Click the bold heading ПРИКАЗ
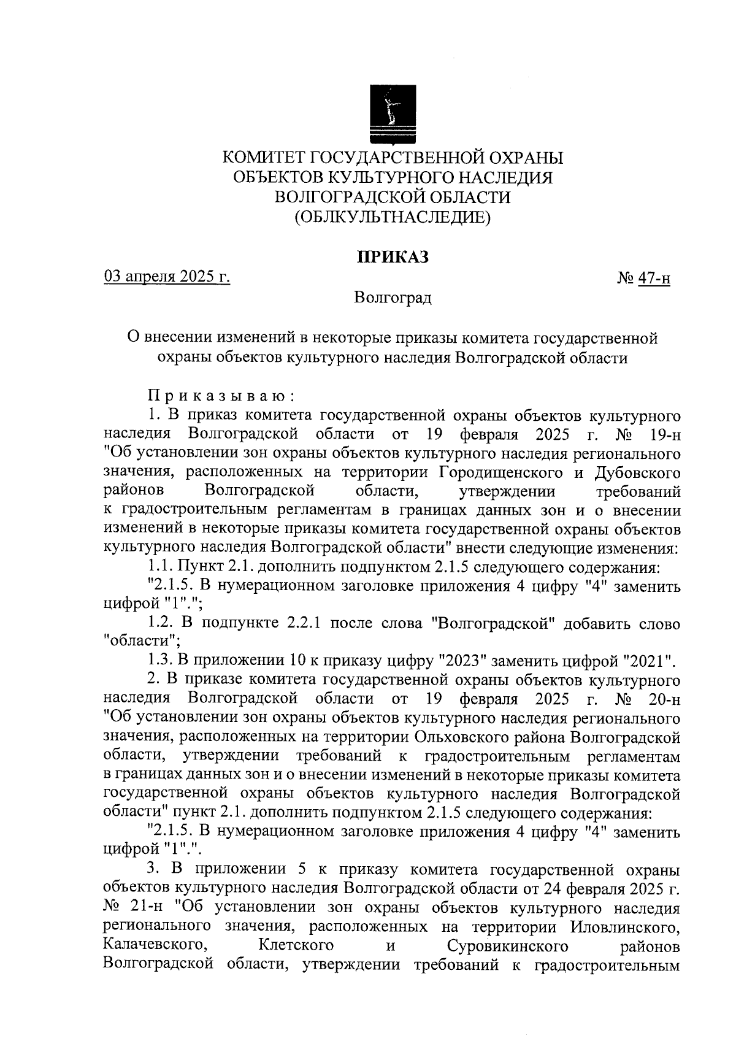[393, 257]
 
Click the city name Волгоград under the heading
[393, 298]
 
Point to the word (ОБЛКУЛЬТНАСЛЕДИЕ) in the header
[393, 217]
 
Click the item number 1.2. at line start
[162, 624]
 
